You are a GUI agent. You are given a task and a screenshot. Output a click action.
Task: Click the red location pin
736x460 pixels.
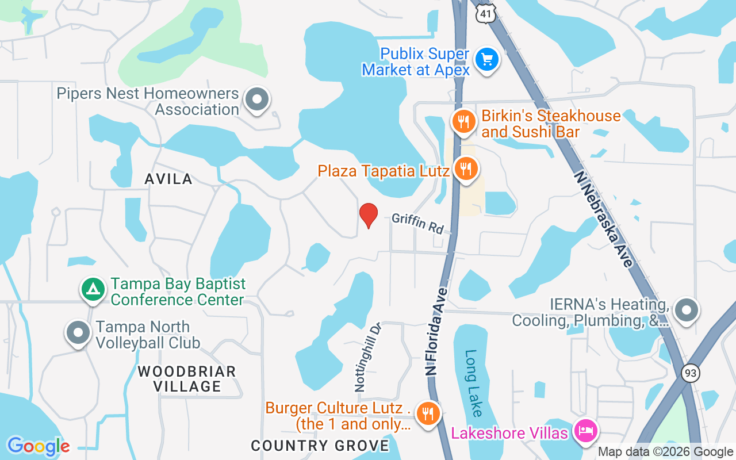coord(368,215)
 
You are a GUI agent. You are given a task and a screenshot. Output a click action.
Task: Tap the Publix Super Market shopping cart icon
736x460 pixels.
coord(487,59)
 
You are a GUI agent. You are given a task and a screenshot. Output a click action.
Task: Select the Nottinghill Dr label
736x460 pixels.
coord(369,357)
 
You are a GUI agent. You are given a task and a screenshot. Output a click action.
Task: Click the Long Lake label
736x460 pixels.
coord(475,383)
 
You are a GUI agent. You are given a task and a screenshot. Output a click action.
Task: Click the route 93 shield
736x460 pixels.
coord(691,373)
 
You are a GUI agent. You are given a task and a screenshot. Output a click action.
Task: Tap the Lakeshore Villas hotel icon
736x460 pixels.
coord(586,431)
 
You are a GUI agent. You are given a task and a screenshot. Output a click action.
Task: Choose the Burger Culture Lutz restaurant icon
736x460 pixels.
coord(427,412)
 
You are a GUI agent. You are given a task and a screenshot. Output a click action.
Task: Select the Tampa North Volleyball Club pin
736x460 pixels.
coord(78,332)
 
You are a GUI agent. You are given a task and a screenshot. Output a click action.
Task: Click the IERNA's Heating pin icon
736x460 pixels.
coord(685,310)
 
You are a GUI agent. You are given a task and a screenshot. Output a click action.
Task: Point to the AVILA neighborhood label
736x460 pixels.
coord(168,179)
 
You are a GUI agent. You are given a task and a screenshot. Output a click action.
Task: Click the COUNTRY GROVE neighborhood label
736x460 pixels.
coord(320,446)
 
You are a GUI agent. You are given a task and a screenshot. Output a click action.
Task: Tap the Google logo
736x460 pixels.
coord(38,446)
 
